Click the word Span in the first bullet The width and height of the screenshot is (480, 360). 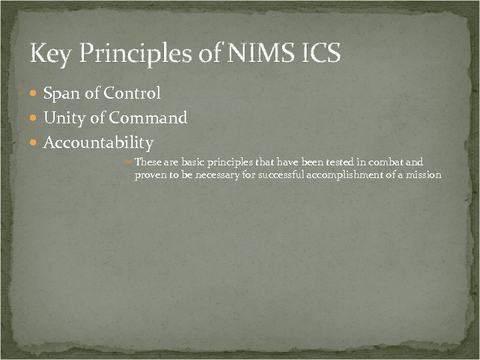tap(62, 94)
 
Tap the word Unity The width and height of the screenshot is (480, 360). tap(64, 119)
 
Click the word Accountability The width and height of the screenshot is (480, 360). tap(98, 143)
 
